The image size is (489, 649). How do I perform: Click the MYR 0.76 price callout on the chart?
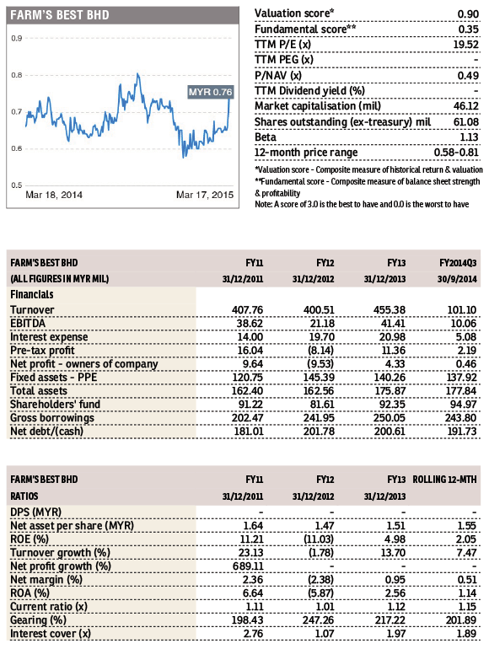point(210,92)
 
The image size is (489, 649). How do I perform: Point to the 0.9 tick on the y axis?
point(17,38)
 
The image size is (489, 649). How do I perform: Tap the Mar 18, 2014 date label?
point(54,195)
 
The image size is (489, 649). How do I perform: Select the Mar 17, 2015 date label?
point(205,195)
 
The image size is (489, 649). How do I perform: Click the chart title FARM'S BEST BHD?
point(60,15)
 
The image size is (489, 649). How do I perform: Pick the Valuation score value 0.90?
point(468,14)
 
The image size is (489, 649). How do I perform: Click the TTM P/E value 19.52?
point(465,45)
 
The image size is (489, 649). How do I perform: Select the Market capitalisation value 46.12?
point(465,106)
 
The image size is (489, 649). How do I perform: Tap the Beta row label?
point(266,137)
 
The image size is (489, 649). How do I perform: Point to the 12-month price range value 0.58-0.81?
point(456,153)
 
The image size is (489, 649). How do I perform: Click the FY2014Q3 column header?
point(458,263)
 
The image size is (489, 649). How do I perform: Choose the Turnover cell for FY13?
point(390,310)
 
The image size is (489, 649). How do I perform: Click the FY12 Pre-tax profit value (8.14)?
point(321,351)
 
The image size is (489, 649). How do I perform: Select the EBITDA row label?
point(28,324)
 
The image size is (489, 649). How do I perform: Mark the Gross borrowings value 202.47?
point(247,418)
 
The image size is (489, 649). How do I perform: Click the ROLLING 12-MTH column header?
point(444,480)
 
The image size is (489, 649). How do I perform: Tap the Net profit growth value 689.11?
point(248,566)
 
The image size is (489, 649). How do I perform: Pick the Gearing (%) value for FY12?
point(318,620)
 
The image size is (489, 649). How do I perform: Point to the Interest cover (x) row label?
point(51,634)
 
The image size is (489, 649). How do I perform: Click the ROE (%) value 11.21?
point(251,539)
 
